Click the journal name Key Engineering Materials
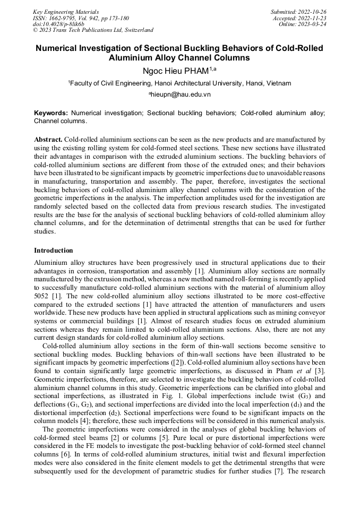[66, 11]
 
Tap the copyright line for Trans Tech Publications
[93, 30]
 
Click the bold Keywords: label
[51, 113]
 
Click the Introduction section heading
[54, 250]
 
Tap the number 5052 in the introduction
[43, 296]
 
